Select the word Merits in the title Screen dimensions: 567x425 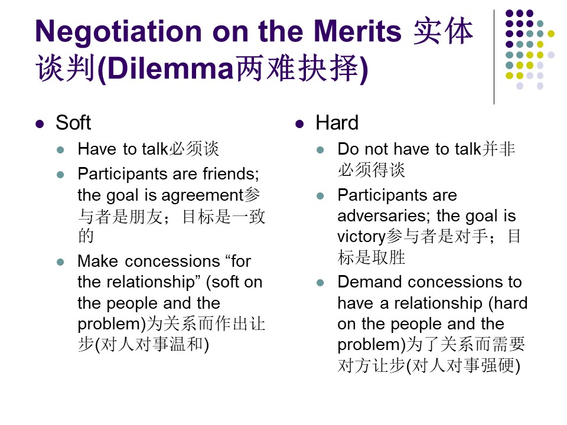point(357,31)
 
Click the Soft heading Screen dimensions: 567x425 point(73,123)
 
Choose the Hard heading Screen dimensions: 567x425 point(337,123)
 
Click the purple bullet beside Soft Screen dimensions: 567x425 point(40,125)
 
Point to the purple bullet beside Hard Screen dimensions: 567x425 point(299,125)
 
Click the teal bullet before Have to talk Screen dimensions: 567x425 point(60,150)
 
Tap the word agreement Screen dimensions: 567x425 point(203,196)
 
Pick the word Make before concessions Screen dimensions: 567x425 point(97,261)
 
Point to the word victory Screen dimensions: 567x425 point(361,237)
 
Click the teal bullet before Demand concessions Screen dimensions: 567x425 point(320,283)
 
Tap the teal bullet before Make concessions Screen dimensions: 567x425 point(60,262)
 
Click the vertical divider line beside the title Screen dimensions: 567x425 point(494,57)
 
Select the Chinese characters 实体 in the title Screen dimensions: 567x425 point(444,31)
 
